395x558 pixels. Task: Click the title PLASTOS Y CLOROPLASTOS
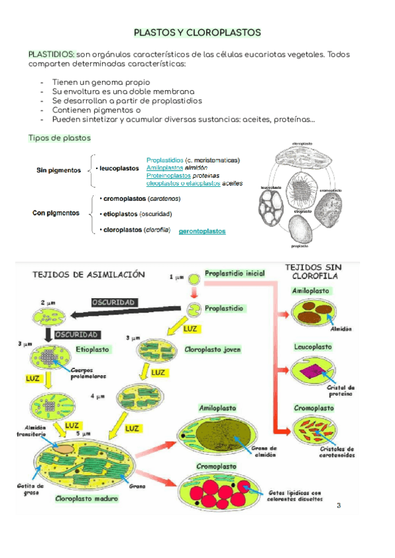(197, 32)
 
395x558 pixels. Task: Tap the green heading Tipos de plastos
(59, 138)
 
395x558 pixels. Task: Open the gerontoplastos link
(202, 232)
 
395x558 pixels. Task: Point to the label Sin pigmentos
(59, 170)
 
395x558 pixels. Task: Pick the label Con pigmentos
(56, 213)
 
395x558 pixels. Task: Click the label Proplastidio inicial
(234, 273)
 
